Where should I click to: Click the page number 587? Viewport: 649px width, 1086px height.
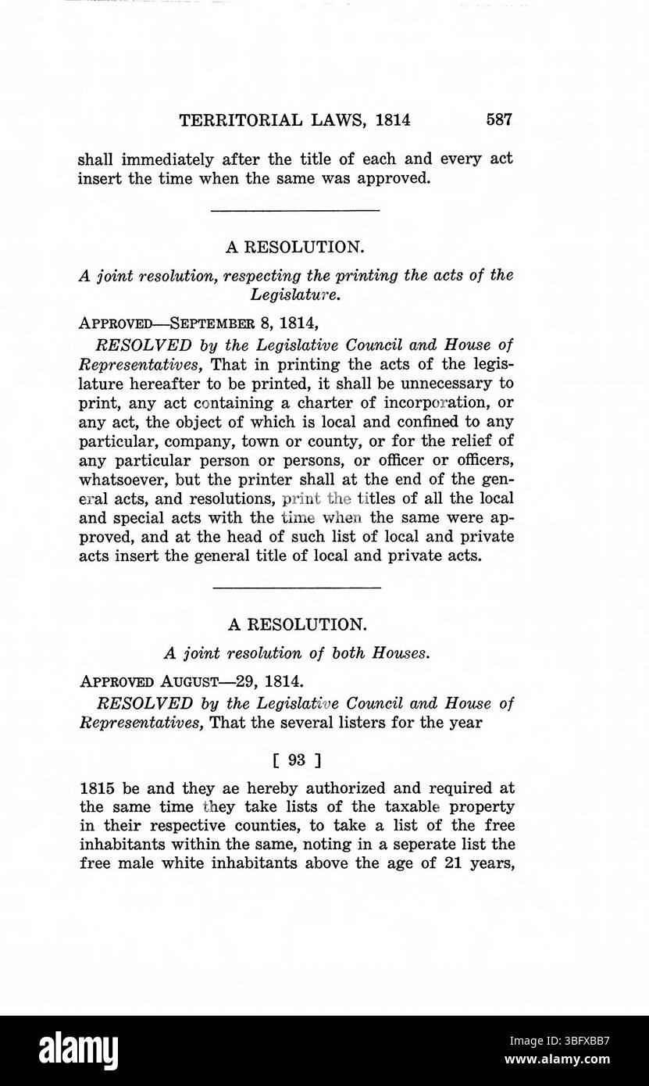[498, 120]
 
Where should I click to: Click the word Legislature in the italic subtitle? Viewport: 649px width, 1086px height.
[294, 295]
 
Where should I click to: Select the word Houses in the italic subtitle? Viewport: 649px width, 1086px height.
[402, 652]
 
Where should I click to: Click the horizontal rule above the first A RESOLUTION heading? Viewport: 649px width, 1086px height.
[295, 210]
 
